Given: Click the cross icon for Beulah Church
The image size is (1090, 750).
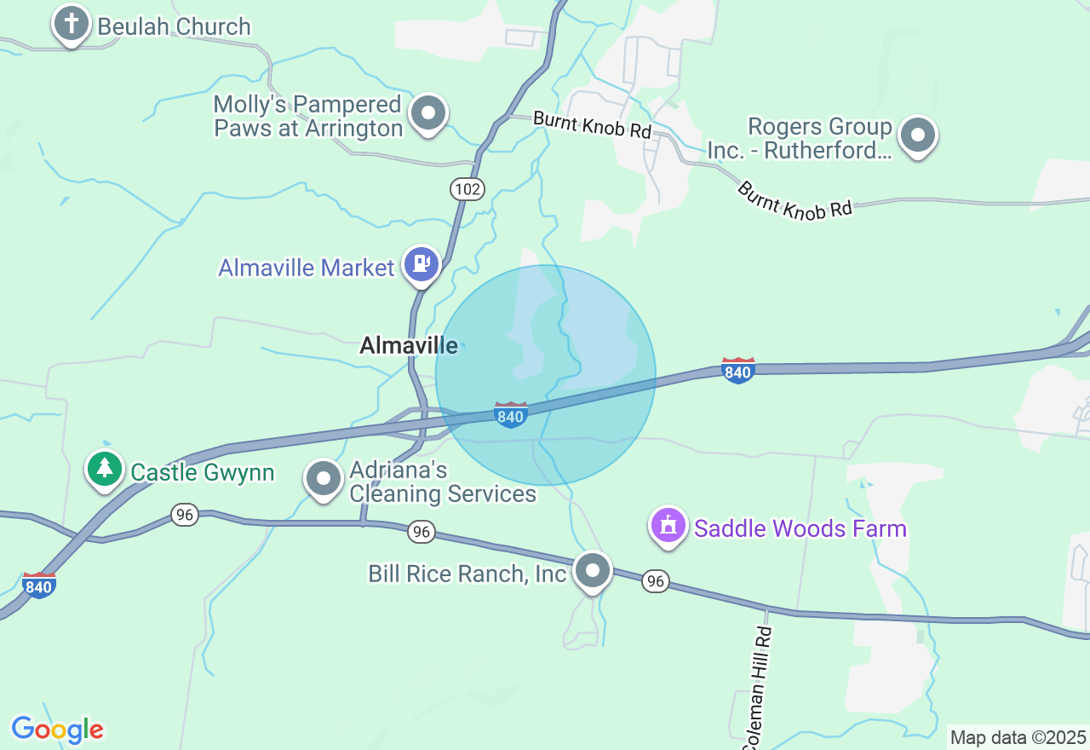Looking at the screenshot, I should [x=72, y=23].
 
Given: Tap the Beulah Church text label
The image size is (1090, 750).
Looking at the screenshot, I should [x=175, y=26].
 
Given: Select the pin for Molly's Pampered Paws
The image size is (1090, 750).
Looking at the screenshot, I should [x=428, y=112].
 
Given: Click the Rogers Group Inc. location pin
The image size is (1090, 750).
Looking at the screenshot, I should [x=918, y=135].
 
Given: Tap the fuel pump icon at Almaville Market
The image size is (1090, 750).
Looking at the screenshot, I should [x=421, y=264].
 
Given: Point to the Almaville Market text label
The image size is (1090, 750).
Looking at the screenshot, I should [x=307, y=268].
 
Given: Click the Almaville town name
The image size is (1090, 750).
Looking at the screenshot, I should [x=409, y=345].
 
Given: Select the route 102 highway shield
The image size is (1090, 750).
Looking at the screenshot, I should [x=468, y=189].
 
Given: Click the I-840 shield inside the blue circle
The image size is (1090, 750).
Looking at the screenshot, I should [x=510, y=415].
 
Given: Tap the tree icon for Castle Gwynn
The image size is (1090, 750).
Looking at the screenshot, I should [x=105, y=468].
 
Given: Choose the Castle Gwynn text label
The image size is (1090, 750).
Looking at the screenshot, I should [x=203, y=472].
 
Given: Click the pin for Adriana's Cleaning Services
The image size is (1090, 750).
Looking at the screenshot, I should [x=324, y=478].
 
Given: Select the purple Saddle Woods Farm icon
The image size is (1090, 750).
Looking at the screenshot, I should [x=668, y=525].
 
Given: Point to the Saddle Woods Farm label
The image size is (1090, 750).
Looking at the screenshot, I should [x=800, y=528].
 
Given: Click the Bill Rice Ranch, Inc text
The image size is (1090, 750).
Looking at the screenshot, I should [x=468, y=574].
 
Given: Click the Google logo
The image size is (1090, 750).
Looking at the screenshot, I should [x=57, y=730].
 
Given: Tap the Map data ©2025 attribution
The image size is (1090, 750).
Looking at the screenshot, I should [x=1018, y=737].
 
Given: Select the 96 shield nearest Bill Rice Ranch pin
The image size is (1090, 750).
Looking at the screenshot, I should [x=654, y=581].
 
